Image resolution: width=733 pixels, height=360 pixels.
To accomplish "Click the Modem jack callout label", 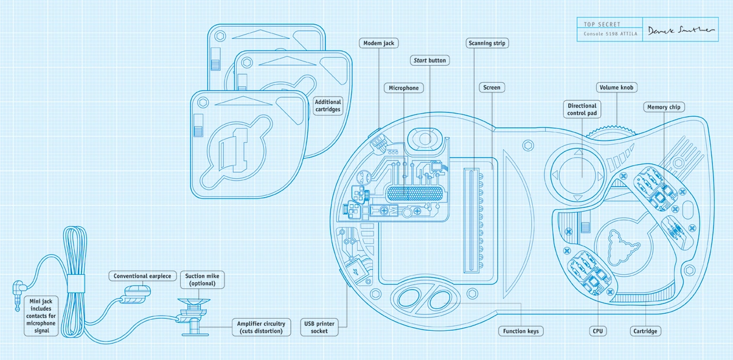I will [378, 43].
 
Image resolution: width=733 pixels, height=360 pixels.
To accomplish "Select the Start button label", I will [429, 60].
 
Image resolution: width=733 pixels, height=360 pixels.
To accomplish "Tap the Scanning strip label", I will [487, 43].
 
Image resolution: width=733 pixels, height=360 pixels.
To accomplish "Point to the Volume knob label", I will [617, 88].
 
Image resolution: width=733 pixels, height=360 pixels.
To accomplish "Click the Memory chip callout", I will [664, 107].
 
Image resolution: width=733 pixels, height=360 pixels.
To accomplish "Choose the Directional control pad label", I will [582, 109].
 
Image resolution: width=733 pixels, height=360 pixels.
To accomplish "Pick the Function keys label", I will [521, 331].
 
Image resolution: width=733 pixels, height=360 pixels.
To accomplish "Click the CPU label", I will [598, 331].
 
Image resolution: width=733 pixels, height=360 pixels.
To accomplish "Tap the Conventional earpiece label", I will [142, 276].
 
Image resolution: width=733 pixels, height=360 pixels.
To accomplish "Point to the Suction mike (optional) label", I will [203, 280].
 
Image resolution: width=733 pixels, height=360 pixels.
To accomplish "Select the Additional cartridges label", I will [328, 106].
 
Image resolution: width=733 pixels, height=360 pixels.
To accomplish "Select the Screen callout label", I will [492, 88].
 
